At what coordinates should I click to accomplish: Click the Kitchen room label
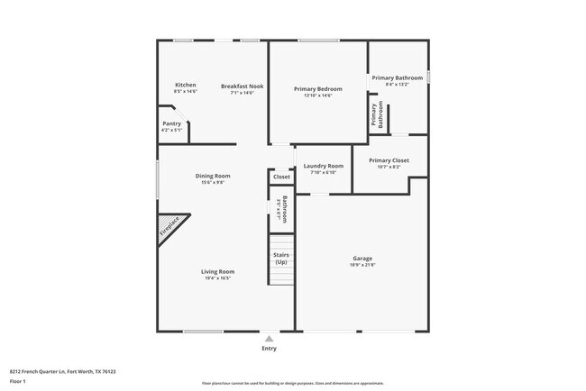[x=185, y=85]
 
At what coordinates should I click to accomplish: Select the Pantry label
[x=171, y=123]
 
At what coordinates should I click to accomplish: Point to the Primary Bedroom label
[x=318, y=88]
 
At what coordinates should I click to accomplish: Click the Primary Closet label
[x=389, y=160]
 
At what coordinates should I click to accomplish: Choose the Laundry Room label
[x=323, y=166]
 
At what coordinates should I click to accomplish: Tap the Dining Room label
[x=213, y=176]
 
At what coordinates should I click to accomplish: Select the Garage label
[x=362, y=259]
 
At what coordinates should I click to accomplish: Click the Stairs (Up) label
[x=280, y=259]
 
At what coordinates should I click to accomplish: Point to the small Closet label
[x=281, y=177]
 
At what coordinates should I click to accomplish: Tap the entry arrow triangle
[x=269, y=339]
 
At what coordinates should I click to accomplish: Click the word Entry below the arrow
[x=269, y=348]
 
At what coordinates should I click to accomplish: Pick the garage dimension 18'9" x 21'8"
[x=362, y=264]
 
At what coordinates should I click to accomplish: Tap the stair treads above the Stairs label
[x=282, y=241]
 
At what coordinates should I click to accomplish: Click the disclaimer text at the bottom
[x=292, y=383]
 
